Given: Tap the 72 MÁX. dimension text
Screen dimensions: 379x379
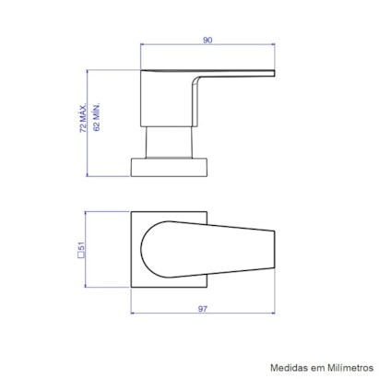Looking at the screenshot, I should coord(82,119).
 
